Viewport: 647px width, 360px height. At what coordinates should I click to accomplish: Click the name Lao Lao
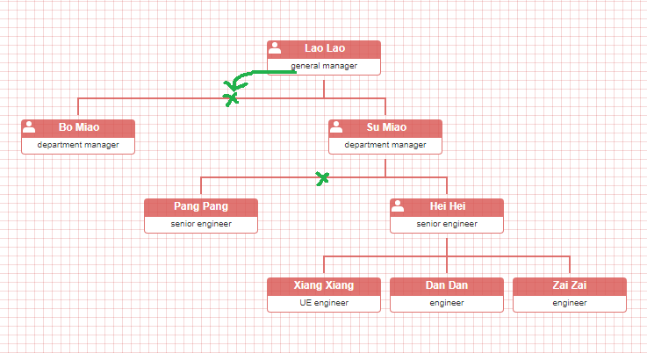tap(324, 48)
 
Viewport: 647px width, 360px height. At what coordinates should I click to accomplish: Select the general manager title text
tap(324, 66)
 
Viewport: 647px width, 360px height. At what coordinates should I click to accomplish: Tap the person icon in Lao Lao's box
tap(275, 47)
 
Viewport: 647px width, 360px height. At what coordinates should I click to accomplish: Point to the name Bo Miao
tap(78, 127)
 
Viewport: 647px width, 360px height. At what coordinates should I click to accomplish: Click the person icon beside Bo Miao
tap(29, 126)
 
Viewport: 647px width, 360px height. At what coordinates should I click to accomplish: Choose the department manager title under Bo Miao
tap(78, 145)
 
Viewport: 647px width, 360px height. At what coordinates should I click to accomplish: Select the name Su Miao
tap(386, 127)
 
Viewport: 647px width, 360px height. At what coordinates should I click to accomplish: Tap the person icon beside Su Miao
tap(336, 126)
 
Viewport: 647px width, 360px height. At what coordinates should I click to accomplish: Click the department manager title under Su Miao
tap(385, 145)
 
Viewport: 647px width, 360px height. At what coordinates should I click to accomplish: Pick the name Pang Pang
tap(201, 206)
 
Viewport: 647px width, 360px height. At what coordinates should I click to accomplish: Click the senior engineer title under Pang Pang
tap(201, 224)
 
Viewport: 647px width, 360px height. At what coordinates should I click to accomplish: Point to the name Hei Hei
tap(448, 206)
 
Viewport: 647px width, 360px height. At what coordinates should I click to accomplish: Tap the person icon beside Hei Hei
tap(398, 205)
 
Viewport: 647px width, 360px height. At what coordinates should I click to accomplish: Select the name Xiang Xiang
tap(324, 285)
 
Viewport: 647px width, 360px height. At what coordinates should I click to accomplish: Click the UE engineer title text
tap(324, 303)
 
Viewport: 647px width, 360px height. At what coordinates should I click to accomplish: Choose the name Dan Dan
tap(447, 285)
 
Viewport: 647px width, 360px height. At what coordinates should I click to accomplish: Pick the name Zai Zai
tap(570, 285)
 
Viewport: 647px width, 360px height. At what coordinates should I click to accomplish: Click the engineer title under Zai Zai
tap(570, 303)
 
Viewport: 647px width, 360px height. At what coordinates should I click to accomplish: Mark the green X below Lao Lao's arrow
tap(231, 98)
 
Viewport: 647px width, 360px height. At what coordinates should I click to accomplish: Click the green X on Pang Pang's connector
tap(323, 178)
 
